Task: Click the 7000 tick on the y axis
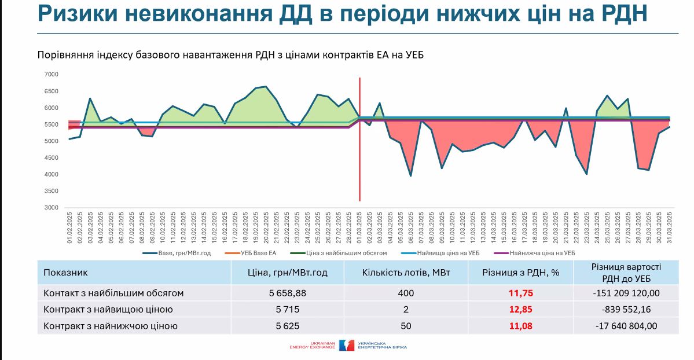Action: [x=52, y=75]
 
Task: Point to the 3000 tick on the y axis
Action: [x=52, y=208]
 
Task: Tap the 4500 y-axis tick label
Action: [x=52, y=158]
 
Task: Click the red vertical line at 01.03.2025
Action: [x=360, y=139]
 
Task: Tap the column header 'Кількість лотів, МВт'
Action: [x=406, y=272]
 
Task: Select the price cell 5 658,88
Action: [x=287, y=293]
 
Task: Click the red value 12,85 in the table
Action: [x=520, y=309]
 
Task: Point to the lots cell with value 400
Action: [x=406, y=293]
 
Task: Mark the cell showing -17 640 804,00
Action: [x=626, y=326]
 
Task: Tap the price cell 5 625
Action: [x=287, y=326]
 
